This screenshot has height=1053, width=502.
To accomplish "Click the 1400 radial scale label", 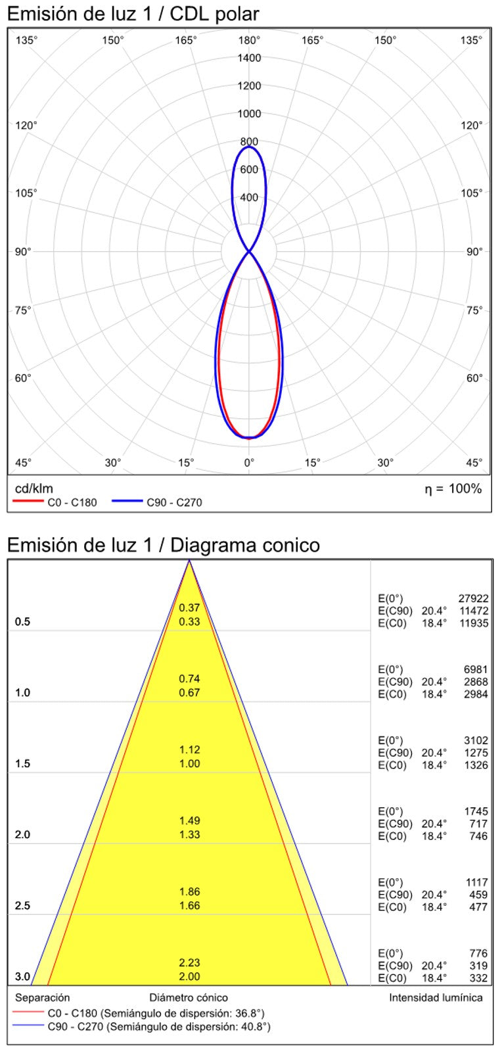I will point(249,58).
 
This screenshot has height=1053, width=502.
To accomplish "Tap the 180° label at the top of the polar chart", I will point(249,40).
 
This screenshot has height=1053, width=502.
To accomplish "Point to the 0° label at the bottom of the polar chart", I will point(249,463).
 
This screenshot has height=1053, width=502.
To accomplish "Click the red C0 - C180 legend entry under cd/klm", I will point(55,503).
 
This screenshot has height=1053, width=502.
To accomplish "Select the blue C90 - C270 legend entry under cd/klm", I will point(157,503).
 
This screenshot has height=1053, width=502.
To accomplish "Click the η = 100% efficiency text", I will point(453,488).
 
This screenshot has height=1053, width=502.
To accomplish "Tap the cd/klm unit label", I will point(34,488).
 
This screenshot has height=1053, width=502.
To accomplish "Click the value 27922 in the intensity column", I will point(473,598).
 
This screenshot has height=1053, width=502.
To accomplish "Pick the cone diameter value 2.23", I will point(189,963).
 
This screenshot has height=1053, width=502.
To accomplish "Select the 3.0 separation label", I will point(22,977).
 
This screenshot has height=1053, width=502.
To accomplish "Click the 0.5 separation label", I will point(22,622).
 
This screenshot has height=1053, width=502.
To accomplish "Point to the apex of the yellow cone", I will point(189,561).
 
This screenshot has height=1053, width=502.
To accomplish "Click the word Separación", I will point(42,998).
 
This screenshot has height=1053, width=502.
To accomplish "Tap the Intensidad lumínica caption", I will point(436,998).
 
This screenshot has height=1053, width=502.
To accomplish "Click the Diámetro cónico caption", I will point(189,998).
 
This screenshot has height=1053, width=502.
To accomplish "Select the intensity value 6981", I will point(476,669).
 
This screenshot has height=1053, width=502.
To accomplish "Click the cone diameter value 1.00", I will point(189,764).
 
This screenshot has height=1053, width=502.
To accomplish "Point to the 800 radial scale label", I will point(249,141).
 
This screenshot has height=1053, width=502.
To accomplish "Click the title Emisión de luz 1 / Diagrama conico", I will point(164,545).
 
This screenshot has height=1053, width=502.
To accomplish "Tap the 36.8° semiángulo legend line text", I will point(156,1014).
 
